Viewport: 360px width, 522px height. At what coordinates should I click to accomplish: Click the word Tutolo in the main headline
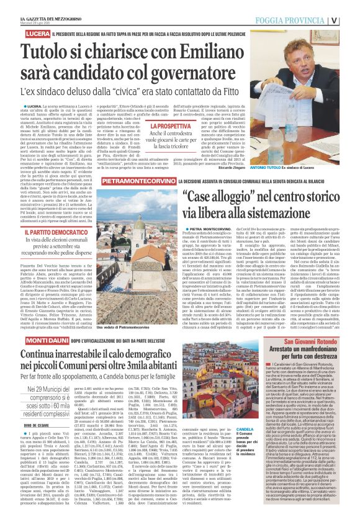tap(50, 52)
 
